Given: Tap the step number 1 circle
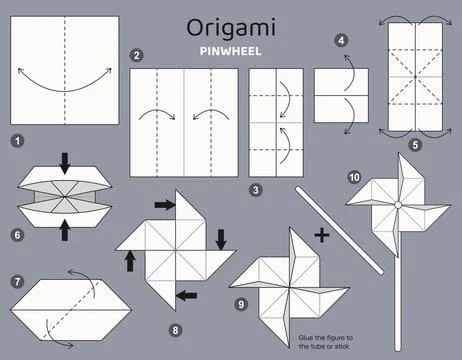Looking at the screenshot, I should coord(17,141).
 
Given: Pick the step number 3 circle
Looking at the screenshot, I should coord(256,189).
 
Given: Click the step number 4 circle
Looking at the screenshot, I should coord(342,41).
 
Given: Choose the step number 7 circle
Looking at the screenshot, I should coord(17,282).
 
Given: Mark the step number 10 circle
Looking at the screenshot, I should coord(353,177).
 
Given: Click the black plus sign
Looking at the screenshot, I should coord(321,236).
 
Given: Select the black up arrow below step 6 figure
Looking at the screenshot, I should coord(64,231).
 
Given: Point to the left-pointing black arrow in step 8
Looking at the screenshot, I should coord(187,294).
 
